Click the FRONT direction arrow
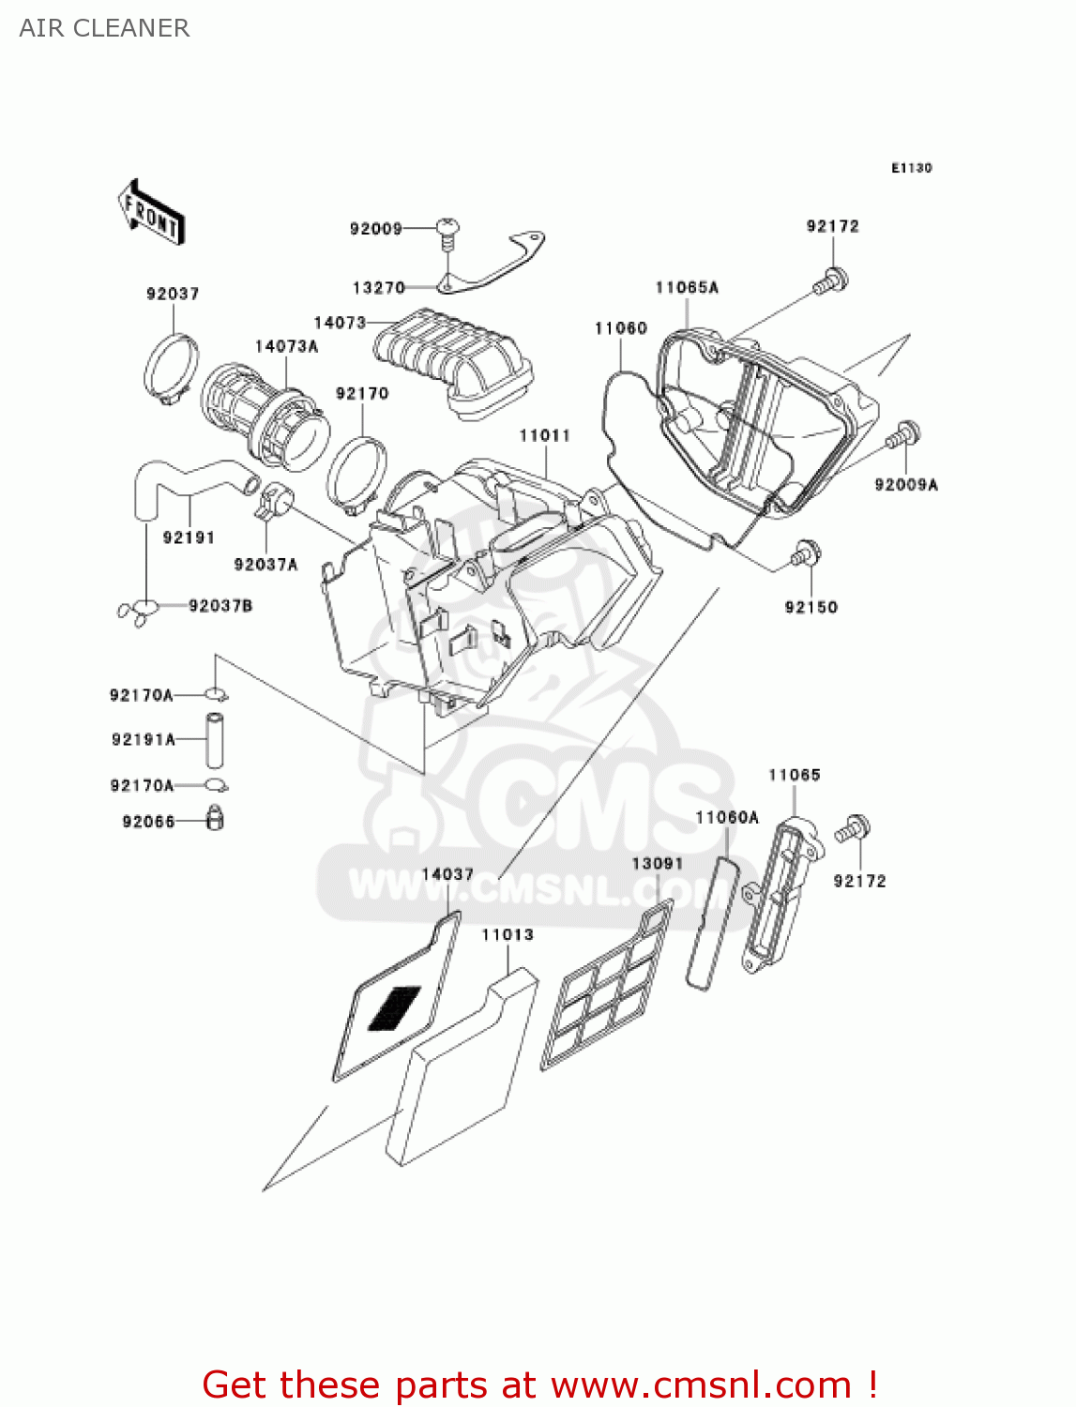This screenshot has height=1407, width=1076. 150,213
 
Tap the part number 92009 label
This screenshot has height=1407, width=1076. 375,229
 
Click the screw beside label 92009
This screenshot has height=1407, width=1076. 448,231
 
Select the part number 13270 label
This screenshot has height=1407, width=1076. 378,288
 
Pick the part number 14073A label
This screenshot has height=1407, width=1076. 286,347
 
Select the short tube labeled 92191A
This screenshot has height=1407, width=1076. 215,740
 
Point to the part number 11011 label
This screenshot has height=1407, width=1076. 544,436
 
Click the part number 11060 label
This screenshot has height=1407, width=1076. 620,328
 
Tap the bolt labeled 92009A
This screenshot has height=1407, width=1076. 905,435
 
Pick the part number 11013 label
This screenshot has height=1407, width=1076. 508,935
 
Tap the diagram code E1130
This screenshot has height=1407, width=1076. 911,168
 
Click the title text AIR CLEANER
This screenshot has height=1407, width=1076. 104,28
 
